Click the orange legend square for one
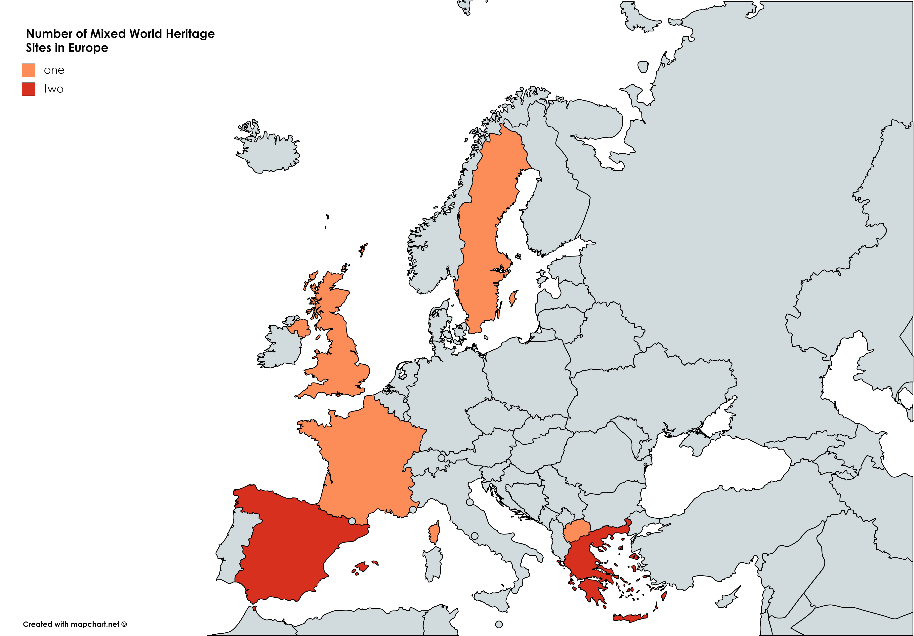tap(28, 70)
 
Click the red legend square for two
tap(28, 89)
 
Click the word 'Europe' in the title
tap(88, 48)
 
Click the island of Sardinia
tap(433, 563)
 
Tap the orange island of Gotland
tap(514, 298)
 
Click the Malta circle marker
tap(499, 624)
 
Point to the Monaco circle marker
tap(413, 509)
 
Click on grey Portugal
tap(231, 549)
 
